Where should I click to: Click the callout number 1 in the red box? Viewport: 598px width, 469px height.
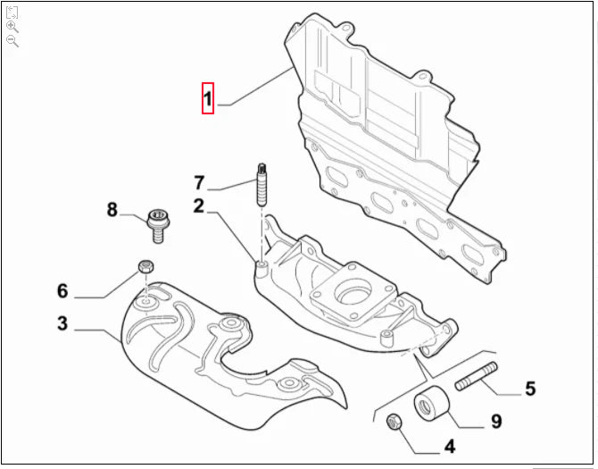pyautogui.click(x=207, y=99)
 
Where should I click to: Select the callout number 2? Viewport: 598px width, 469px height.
pyautogui.click(x=199, y=205)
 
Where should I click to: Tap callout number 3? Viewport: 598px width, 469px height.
pyautogui.click(x=62, y=322)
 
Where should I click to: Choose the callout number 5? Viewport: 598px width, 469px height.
pyautogui.click(x=529, y=389)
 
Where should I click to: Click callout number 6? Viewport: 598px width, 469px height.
pyautogui.click(x=62, y=290)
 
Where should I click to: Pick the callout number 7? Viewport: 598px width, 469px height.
pyautogui.click(x=199, y=183)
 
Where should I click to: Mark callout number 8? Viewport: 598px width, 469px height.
pyautogui.click(x=112, y=210)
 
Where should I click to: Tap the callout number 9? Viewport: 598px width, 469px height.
pyautogui.click(x=495, y=421)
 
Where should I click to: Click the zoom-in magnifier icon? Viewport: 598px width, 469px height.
pyautogui.click(x=12, y=27)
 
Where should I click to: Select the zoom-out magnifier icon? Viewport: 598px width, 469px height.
pyautogui.click(x=12, y=41)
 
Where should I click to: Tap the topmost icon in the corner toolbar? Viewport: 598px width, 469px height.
pyautogui.click(x=12, y=13)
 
